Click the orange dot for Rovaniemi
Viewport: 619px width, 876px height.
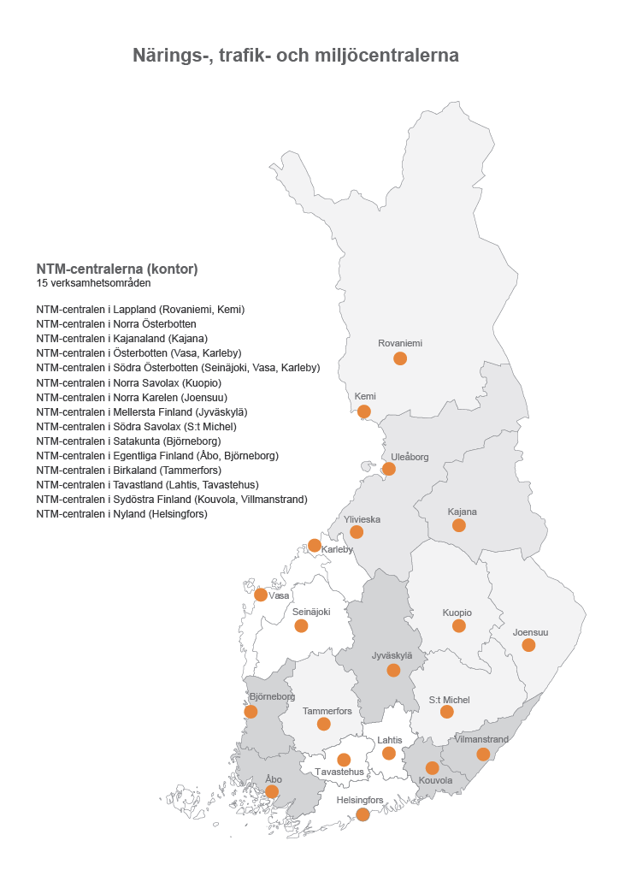pyautogui.click(x=400, y=358)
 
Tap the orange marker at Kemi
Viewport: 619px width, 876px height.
pyautogui.click(x=364, y=411)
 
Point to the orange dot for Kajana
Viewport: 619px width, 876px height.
pyautogui.click(x=459, y=525)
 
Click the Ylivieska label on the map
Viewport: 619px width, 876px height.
pyautogui.click(x=362, y=519)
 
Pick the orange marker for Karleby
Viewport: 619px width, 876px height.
pyautogui.click(x=315, y=546)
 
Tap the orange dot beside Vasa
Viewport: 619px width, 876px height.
pyautogui.click(x=261, y=595)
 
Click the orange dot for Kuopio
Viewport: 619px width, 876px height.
pyautogui.click(x=459, y=626)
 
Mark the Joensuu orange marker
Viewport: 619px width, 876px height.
pyautogui.click(x=528, y=645)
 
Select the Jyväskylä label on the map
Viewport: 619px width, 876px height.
pyautogui.click(x=392, y=655)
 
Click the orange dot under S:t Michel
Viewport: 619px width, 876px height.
pyautogui.click(x=446, y=712)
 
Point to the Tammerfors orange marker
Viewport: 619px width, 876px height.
pyautogui.click(x=323, y=725)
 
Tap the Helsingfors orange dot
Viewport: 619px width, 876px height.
pyautogui.click(x=363, y=814)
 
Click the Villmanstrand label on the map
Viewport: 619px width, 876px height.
pyautogui.click(x=482, y=739)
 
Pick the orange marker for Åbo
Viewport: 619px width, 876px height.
pyautogui.click(x=272, y=792)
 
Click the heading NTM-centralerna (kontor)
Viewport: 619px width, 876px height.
pyautogui.click(x=117, y=269)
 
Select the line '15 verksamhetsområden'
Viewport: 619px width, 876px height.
pyautogui.click(x=93, y=283)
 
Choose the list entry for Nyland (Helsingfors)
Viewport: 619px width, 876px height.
pyautogui.click(x=121, y=514)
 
